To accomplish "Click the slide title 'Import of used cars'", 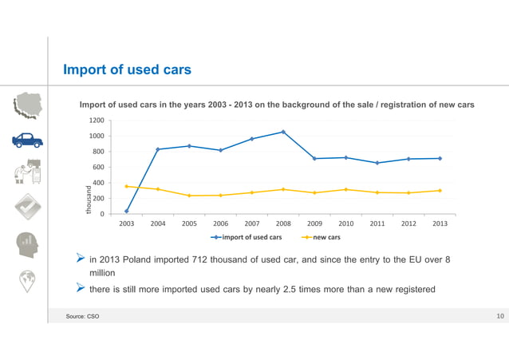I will click(x=127, y=70).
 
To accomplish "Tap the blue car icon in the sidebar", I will click(x=27, y=140).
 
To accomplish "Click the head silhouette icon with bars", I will click(x=27, y=243).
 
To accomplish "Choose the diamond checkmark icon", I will click(x=27, y=208).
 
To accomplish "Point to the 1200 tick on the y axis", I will click(x=97, y=121).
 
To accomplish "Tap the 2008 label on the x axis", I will click(x=283, y=224).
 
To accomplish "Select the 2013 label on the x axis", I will click(x=440, y=224).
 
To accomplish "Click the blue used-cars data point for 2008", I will click(x=283, y=132).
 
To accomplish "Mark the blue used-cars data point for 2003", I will click(x=127, y=212).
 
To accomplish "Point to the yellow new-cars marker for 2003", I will click(x=127, y=187).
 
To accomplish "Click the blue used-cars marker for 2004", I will click(x=158, y=149).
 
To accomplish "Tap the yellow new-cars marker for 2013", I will click(x=440, y=191).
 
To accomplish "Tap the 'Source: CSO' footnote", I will click(x=82, y=318).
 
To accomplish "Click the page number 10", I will click(x=499, y=317).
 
